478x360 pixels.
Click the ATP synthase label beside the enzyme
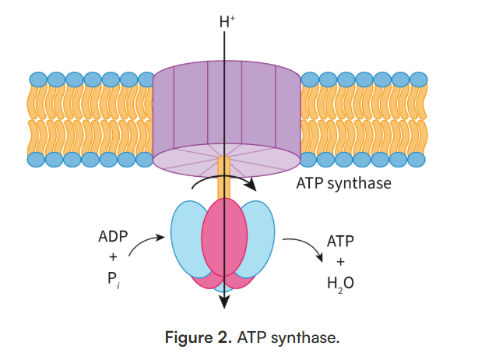(x=343, y=185)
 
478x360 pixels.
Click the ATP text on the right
(x=339, y=242)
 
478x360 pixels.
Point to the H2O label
(x=339, y=284)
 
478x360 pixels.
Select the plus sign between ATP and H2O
(x=339, y=263)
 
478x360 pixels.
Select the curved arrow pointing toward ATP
(x=302, y=248)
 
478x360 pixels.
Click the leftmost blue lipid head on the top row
(x=37, y=79)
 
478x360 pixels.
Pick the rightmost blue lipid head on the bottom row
(x=418, y=159)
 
